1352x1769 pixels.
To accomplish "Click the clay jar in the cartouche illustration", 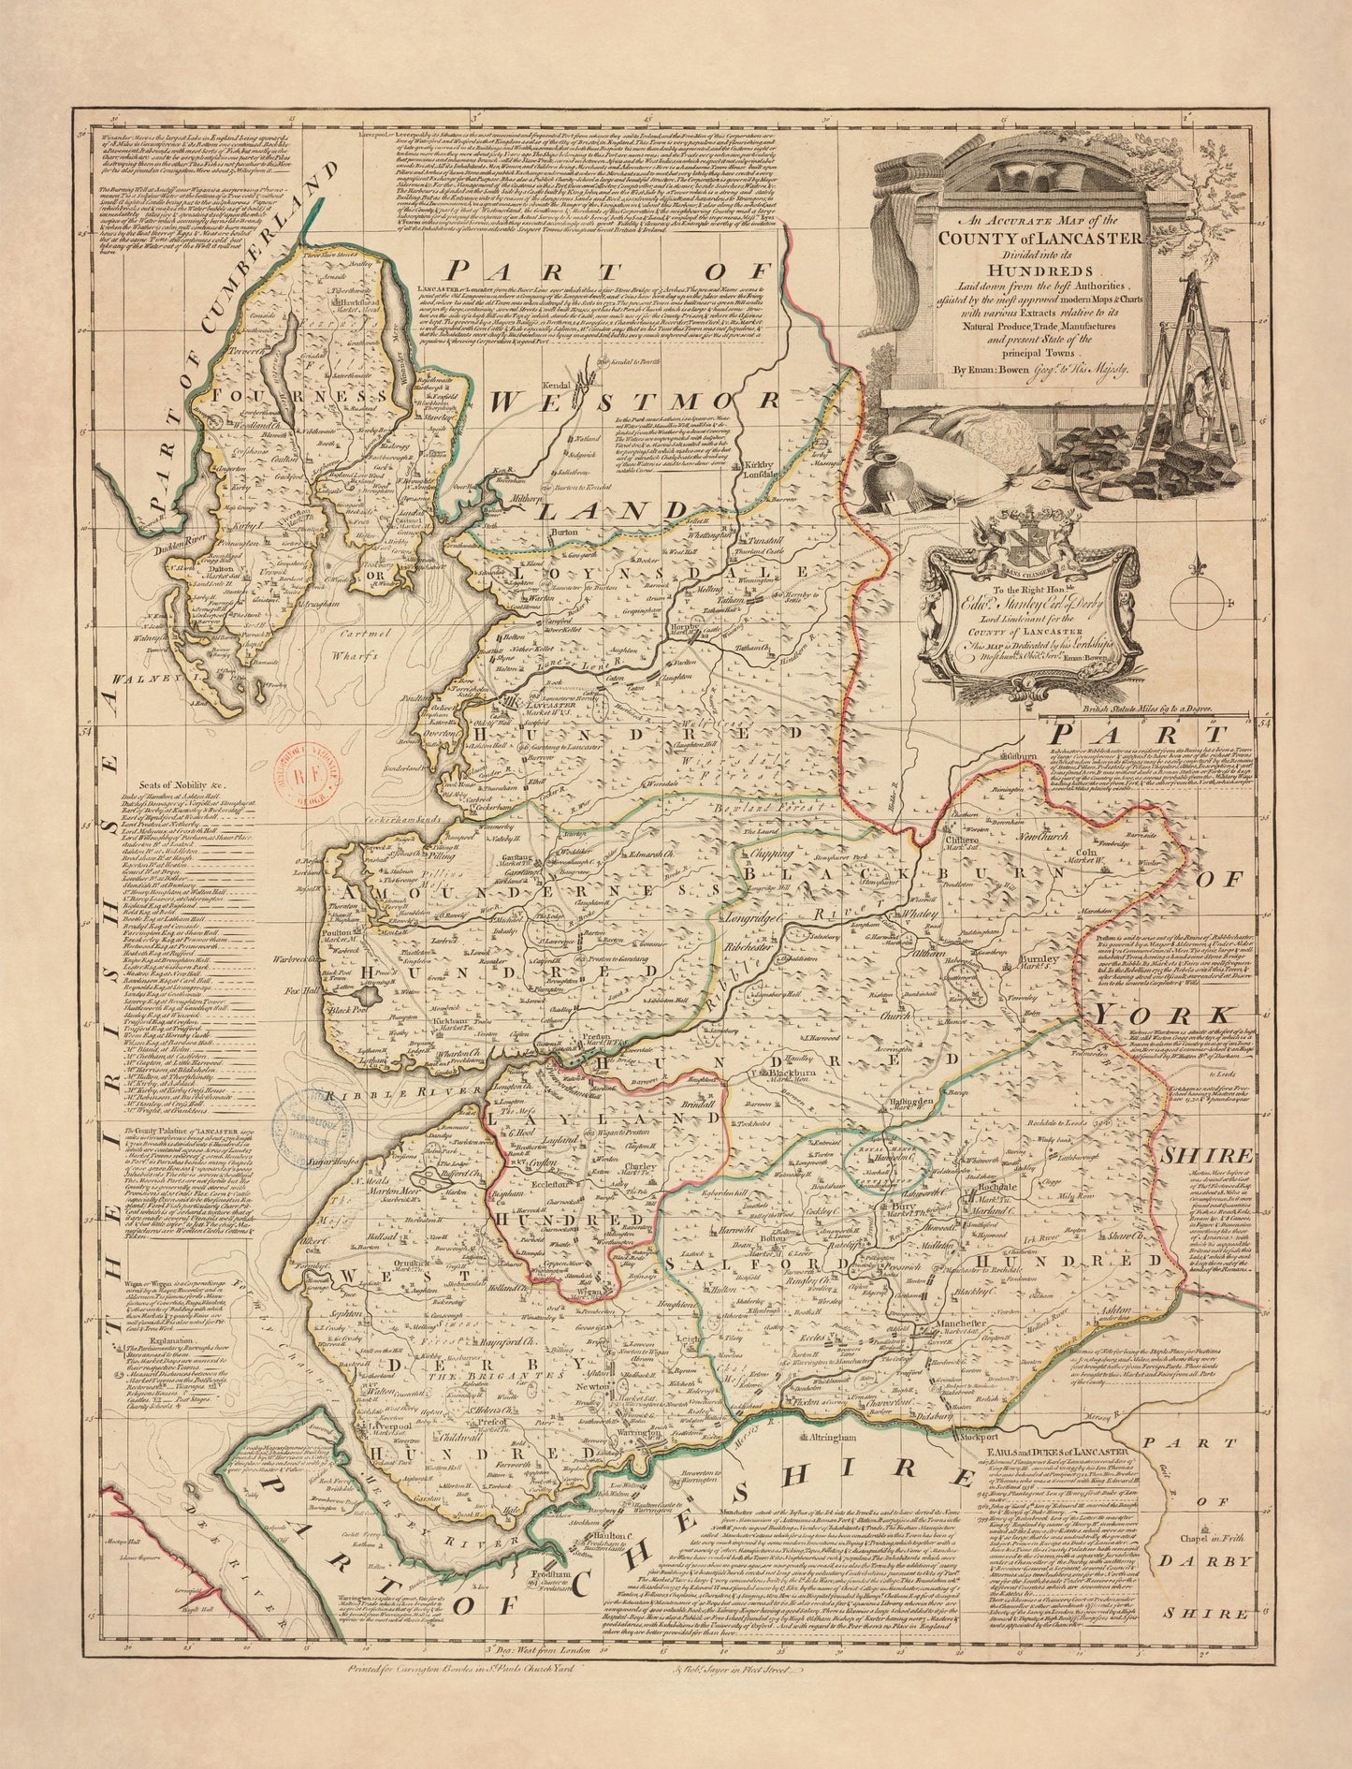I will coord(881,480).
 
